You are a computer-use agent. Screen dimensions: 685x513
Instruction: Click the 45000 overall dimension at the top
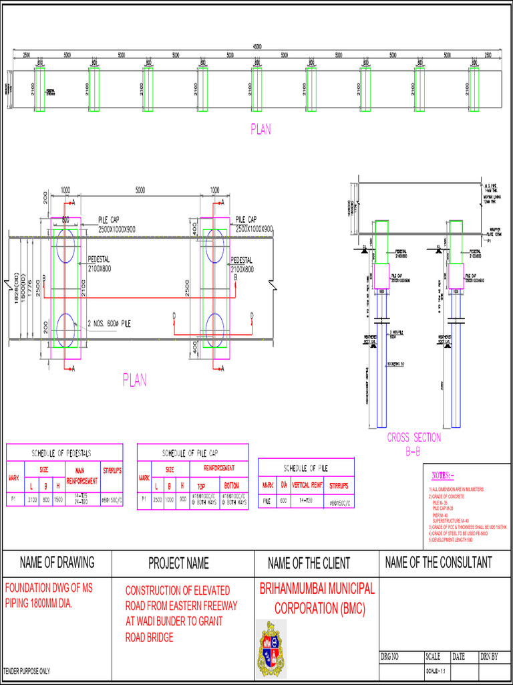tap(256, 46)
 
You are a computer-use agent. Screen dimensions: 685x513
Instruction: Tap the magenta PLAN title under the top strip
tap(261, 130)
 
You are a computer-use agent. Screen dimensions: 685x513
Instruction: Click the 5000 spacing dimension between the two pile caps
tap(140, 190)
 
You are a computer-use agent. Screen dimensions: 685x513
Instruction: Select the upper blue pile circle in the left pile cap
tap(65, 246)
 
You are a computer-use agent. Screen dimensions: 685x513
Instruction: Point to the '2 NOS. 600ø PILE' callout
tap(110, 323)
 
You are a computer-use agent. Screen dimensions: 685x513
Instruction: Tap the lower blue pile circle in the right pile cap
tap(216, 328)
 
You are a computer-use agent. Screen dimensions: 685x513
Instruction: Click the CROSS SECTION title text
tap(414, 437)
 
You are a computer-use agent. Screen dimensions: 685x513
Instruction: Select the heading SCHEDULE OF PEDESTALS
tap(65, 453)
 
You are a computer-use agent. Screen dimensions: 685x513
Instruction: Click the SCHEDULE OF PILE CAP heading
tap(192, 453)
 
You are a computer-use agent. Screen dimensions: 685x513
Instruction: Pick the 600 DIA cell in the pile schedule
tap(284, 500)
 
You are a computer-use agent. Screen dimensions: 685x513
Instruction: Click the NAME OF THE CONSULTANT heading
tap(438, 563)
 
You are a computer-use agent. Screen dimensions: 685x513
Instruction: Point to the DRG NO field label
tap(390, 658)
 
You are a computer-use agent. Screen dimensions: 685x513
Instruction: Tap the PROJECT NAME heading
tap(178, 563)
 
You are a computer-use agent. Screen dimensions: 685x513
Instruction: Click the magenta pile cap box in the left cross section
tap(381, 276)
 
